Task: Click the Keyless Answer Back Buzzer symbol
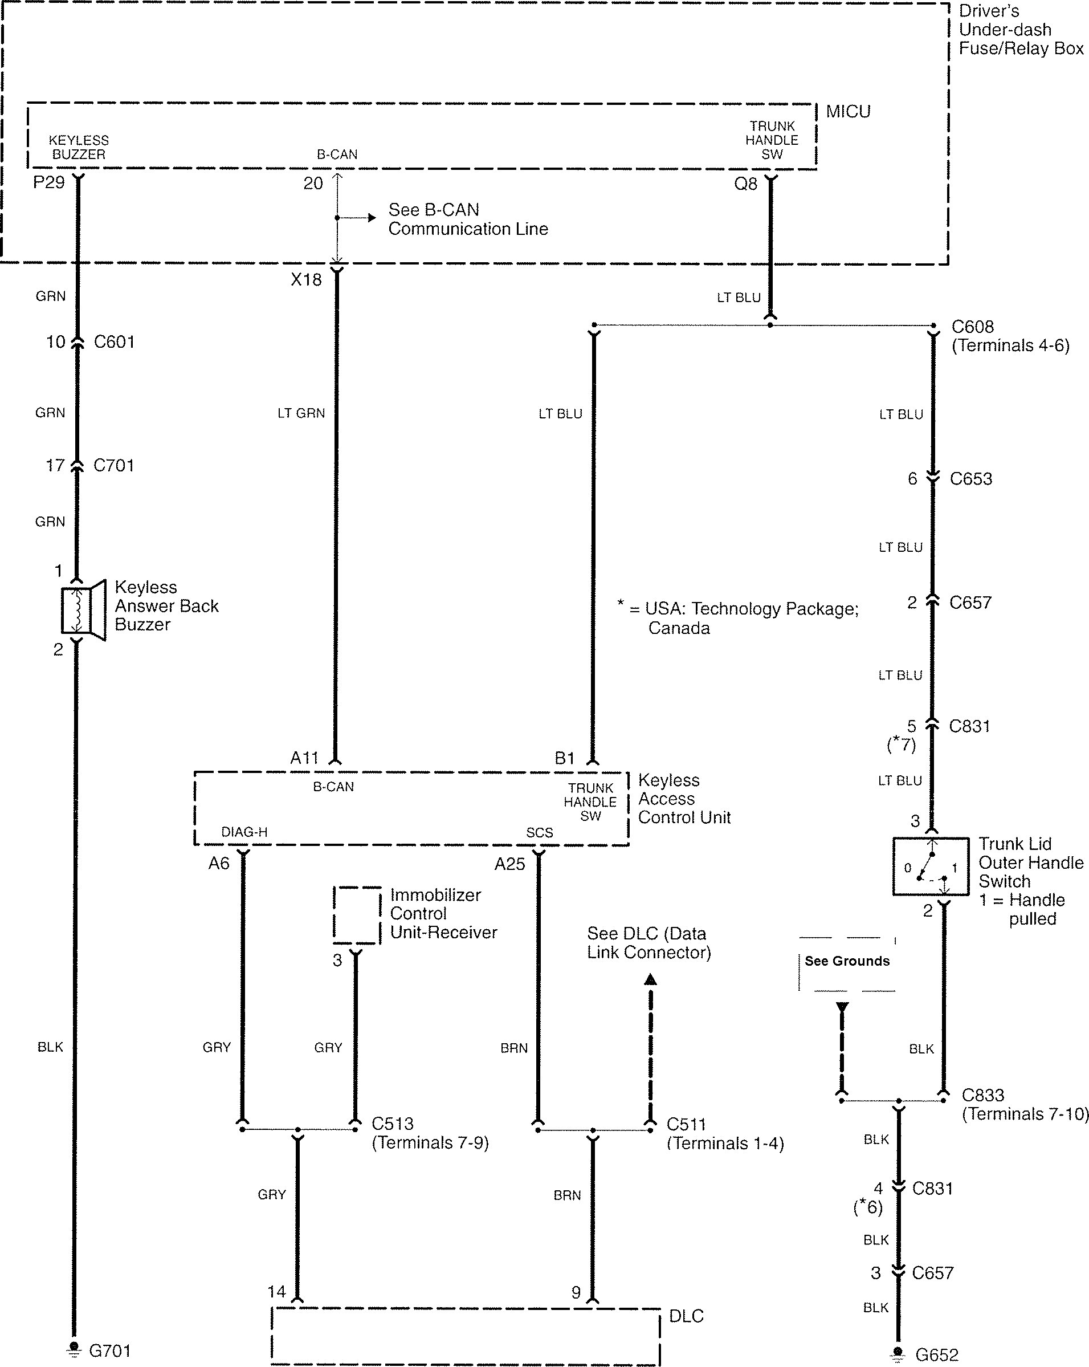(x=83, y=610)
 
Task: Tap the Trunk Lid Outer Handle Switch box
(x=931, y=866)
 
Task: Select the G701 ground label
(x=109, y=1350)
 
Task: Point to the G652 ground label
(x=937, y=1355)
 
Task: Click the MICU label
(x=848, y=112)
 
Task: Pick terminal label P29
(x=49, y=182)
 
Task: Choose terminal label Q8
(x=745, y=184)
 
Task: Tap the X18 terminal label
(x=306, y=279)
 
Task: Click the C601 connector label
(x=114, y=343)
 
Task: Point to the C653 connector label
(x=970, y=479)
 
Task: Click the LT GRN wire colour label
(x=301, y=413)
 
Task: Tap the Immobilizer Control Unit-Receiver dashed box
(x=357, y=915)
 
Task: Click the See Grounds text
(x=847, y=961)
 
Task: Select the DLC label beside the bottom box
(x=686, y=1316)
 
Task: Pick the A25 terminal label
(x=509, y=864)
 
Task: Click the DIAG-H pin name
(x=244, y=832)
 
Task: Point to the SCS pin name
(x=540, y=832)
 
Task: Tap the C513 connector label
(x=393, y=1124)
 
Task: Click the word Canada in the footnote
(x=679, y=628)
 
